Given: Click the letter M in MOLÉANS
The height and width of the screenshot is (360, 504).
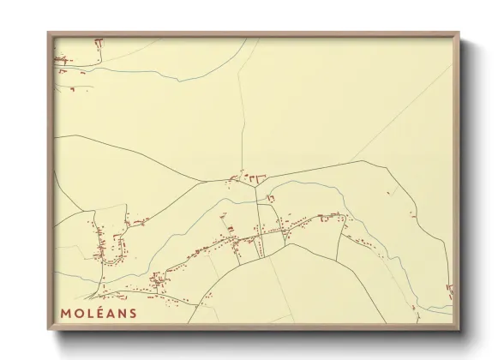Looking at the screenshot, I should click(66, 313).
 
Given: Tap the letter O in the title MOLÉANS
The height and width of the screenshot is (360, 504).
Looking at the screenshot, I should click(79, 313).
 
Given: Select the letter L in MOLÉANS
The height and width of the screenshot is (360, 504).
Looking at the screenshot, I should click(90, 313).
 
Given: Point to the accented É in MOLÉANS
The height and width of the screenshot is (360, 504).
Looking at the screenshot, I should click(100, 313).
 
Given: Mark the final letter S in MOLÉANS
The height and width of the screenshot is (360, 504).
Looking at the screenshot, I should click(133, 313).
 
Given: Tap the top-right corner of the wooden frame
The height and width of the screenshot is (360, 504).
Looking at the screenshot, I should click(458, 34).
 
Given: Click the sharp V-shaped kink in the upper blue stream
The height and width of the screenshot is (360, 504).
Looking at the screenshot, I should click(180, 81).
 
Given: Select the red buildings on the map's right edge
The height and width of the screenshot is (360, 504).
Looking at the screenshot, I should click(449, 291).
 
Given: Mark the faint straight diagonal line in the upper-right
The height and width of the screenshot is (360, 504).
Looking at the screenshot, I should click(403, 107).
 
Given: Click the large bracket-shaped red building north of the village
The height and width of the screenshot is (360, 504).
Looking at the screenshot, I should click(255, 177).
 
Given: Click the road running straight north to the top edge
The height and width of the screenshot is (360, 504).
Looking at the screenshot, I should click(241, 103).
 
